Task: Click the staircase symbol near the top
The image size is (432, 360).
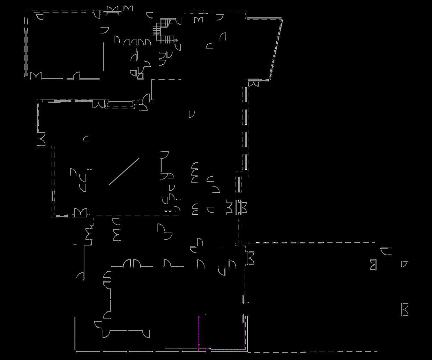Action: coord(164,31)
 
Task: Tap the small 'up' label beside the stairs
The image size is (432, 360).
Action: coord(176,41)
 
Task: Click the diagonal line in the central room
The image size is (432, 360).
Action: coord(124,171)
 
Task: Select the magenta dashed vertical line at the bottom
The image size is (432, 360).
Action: coord(199,332)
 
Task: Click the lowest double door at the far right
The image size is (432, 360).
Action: coord(404,309)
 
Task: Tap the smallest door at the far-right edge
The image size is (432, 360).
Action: coord(404,264)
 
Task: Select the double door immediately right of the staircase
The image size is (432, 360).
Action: coord(199,19)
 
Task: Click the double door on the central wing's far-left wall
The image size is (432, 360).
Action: coord(41,139)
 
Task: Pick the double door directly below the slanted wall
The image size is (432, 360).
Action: coord(254,83)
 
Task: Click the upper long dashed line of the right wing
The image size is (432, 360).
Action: coord(311,242)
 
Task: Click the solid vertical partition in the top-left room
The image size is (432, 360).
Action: coord(104,56)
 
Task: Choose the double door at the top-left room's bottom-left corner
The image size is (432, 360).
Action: coord(36,76)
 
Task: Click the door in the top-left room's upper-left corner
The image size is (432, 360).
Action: coord(40,16)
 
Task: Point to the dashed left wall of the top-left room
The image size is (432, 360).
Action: coord(26,44)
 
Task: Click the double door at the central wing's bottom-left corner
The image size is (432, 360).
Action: coord(80,212)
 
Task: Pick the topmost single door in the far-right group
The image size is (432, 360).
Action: coord(386,251)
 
